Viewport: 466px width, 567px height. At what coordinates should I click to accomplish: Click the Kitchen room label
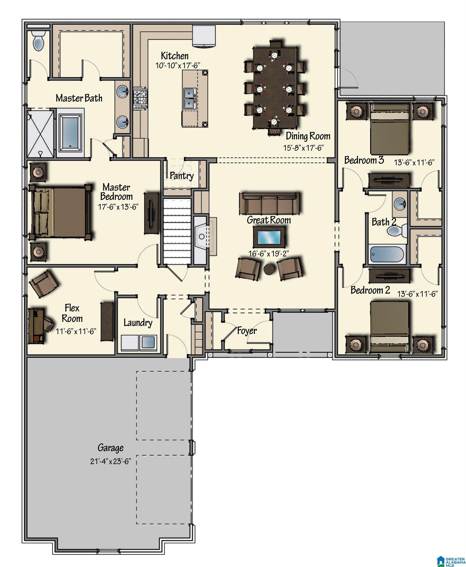tap(174, 56)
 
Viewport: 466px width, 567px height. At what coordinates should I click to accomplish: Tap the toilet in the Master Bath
tap(38, 40)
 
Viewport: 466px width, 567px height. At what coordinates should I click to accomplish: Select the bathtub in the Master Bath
tap(70, 132)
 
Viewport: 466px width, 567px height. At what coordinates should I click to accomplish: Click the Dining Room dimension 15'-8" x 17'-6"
tap(304, 148)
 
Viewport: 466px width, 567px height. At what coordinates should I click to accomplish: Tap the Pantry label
tap(182, 176)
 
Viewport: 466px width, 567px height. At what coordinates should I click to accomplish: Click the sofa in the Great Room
tap(269, 204)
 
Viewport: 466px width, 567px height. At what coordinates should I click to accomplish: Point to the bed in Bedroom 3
tap(390, 129)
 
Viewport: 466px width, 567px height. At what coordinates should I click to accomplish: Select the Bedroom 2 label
tap(370, 290)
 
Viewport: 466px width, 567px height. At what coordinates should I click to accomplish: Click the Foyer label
tap(247, 331)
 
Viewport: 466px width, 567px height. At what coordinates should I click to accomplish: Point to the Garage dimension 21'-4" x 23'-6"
tap(110, 461)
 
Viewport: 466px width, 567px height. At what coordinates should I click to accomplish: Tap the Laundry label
tap(138, 323)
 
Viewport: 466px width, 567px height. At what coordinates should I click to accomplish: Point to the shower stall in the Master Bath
tap(41, 133)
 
